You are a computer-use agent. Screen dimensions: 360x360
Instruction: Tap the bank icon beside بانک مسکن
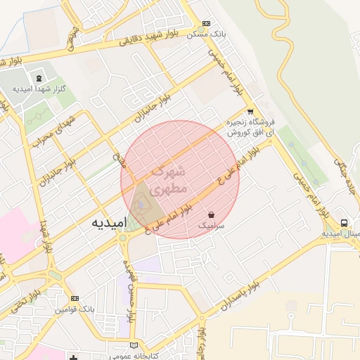(x=205, y=23)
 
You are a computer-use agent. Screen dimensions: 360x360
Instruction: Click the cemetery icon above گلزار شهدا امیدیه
(x=38, y=78)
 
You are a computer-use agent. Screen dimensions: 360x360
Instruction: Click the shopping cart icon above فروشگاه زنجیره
(x=250, y=111)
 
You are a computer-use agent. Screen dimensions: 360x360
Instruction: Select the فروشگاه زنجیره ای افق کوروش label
(x=251, y=127)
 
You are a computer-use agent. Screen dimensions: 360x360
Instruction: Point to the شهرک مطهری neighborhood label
(x=169, y=179)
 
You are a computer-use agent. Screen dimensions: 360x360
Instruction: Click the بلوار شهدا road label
(x=46, y=236)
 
